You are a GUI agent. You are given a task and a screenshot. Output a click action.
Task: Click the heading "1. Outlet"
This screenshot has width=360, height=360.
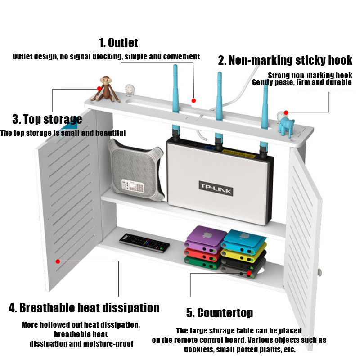point(118,43)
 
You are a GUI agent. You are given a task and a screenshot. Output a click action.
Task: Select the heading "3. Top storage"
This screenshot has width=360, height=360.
point(47,119)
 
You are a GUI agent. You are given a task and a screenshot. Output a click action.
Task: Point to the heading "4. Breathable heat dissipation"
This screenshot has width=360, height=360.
point(84,308)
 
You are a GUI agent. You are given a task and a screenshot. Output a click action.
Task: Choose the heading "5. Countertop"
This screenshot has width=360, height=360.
point(220,312)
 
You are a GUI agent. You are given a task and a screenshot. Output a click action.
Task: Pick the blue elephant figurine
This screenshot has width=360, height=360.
point(285,122)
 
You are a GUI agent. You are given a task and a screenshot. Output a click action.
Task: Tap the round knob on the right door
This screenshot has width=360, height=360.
point(320,272)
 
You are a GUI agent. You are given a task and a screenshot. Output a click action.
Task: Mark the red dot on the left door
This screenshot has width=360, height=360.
point(58,261)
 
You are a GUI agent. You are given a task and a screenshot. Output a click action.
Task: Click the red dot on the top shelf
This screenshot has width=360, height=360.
point(194,100)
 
